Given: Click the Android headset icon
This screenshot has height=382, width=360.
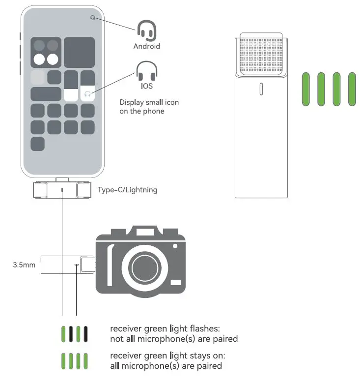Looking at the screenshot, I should pos(146,30).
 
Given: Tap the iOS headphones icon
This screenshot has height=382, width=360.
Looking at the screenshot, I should pos(146,72).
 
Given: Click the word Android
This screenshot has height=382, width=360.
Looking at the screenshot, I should pos(147,46).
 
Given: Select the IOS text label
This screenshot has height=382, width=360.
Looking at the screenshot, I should pos(146,86).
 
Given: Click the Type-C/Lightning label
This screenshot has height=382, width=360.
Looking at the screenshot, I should pos(127,190).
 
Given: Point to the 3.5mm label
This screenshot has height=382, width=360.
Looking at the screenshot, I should pos(24,265).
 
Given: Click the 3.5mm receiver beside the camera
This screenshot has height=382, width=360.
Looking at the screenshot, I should pos(67,265).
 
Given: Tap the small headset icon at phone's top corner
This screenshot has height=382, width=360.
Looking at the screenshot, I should pos(92,18).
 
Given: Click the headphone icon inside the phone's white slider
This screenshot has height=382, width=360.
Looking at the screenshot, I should pos(87,94).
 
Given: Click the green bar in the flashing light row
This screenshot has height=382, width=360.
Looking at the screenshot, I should pos(62,334).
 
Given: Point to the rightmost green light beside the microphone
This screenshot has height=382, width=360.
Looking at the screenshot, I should pos(352,88).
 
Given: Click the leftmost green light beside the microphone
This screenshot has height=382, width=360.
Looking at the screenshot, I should pos(306,88).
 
